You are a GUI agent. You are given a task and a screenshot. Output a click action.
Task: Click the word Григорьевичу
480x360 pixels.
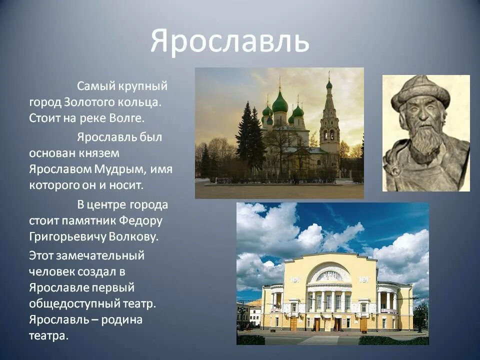coord(66,237)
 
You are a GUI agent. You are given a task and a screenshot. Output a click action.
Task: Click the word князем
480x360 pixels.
coord(99,153)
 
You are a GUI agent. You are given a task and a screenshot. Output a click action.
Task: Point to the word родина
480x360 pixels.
coord(122,320)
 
